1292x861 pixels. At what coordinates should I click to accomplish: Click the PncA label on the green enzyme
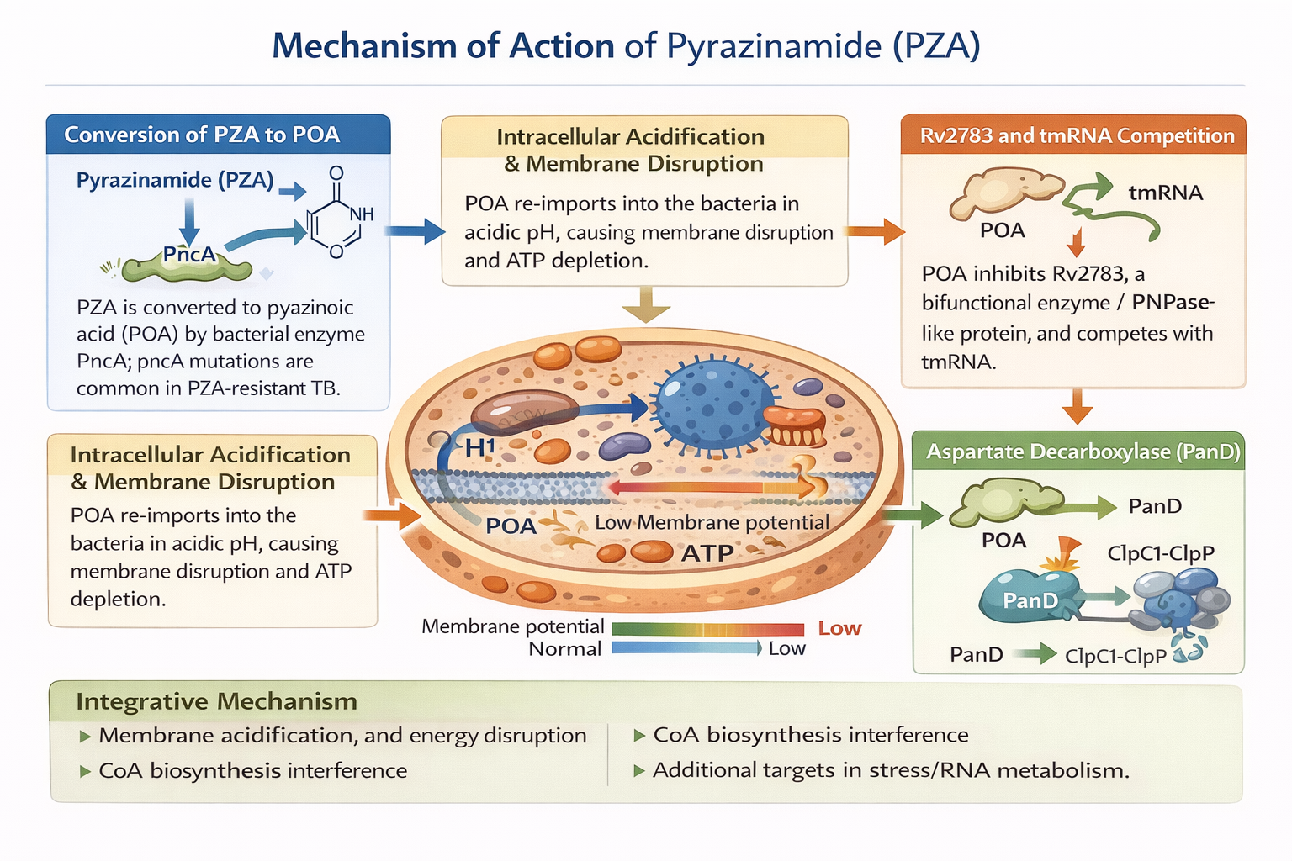tap(189, 254)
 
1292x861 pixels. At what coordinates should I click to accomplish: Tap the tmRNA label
tap(1165, 193)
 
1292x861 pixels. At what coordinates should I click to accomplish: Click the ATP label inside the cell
tap(707, 553)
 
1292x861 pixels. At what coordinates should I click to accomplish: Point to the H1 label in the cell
tap(479, 447)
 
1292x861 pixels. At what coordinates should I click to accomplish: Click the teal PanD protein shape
tap(1028, 597)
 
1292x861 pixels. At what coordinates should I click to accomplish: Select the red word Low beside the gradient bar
tap(839, 628)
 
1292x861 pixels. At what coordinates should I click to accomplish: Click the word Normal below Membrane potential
tap(564, 649)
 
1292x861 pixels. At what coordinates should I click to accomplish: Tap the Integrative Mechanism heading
tap(216, 701)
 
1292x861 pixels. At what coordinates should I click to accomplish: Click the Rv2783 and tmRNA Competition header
tap(1077, 135)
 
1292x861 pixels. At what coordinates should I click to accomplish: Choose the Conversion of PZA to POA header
tap(202, 135)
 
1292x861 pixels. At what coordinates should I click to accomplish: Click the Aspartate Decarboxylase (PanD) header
tap(1083, 452)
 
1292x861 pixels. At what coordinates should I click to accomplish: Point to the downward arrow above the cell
tap(646, 304)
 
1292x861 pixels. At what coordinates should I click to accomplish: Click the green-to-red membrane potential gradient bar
tap(707, 629)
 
